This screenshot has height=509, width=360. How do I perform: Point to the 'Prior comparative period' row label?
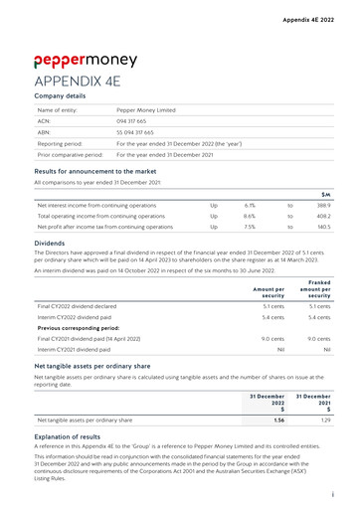tap(70, 155)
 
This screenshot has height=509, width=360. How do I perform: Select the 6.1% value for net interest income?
tap(250, 204)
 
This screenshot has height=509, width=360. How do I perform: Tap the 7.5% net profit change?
tap(250, 227)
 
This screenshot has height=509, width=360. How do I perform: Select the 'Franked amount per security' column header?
tap(313, 288)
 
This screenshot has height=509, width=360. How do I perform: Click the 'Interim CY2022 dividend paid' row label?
tap(81, 317)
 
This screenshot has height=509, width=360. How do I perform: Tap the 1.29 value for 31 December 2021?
tap(323, 420)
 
